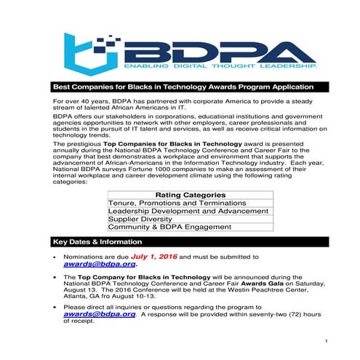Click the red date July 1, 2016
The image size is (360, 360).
click(154, 257)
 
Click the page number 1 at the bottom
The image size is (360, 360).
click(327, 341)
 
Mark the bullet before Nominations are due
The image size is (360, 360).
click(55, 258)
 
